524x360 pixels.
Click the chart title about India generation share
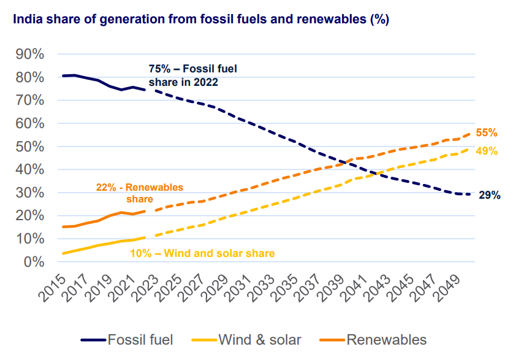[197, 20]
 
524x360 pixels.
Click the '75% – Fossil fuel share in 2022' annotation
[192, 75]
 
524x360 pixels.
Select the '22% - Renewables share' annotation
[139, 193]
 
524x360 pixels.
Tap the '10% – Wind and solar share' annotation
[202, 253]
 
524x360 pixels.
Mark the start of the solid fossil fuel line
[63, 75]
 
